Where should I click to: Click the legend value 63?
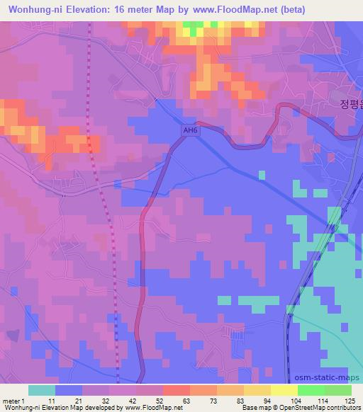(x=185, y=401)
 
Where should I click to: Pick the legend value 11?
(x=50, y=401)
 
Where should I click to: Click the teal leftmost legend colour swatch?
(x=41, y=390)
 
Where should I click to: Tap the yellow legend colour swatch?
(x=284, y=390)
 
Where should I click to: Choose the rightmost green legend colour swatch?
(x=337, y=390)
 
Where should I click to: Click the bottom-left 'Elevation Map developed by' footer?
(x=92, y=408)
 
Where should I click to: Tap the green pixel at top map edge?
(x=191, y=26)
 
